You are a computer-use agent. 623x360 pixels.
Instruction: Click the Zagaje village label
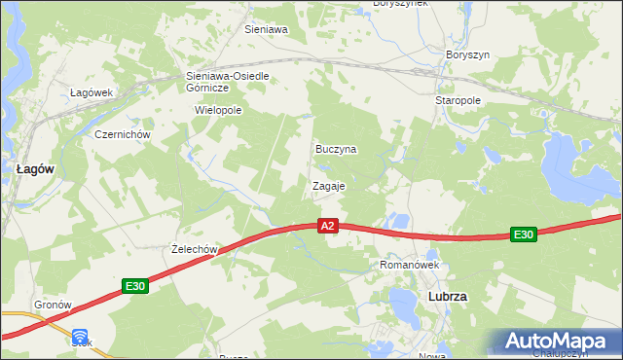328,186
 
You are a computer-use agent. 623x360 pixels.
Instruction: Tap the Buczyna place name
336,150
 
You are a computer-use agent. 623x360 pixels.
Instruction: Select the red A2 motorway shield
328,226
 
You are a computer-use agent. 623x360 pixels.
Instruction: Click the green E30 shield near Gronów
135,286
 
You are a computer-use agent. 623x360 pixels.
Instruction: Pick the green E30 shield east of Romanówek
524,234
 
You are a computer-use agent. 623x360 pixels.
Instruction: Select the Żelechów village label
191,249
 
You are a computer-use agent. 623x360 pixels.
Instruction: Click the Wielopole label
218,111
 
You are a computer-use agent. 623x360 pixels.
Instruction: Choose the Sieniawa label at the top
266,30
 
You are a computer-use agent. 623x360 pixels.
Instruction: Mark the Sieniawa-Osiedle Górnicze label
226,81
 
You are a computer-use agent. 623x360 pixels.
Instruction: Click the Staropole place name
458,100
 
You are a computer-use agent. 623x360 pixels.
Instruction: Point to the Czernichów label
121,134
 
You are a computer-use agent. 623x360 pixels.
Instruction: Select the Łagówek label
92,92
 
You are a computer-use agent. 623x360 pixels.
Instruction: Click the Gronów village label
54,305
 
